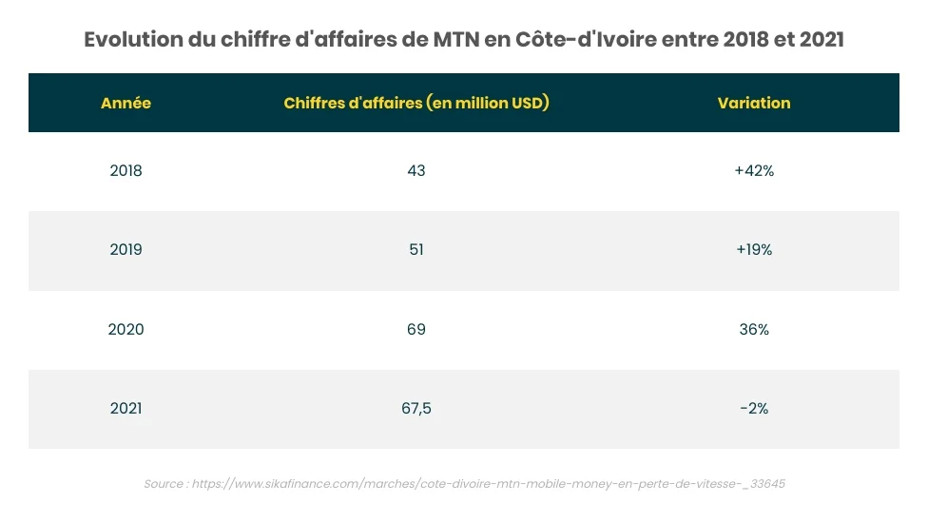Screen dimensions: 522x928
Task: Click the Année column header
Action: [x=126, y=103]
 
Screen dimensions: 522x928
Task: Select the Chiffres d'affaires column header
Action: [x=416, y=103]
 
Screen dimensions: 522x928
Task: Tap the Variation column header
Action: [x=753, y=103]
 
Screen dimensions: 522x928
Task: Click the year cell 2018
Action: [x=126, y=171]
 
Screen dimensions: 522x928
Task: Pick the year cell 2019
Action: [x=126, y=250]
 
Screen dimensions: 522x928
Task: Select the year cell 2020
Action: [x=126, y=329]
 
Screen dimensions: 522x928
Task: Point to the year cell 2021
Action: [x=126, y=408]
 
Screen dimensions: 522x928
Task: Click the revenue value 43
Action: [x=416, y=171]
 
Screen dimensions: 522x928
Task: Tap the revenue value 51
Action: [x=416, y=250]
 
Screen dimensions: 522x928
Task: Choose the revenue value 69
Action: [x=416, y=329]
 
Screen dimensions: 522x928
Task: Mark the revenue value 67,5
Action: [x=416, y=408]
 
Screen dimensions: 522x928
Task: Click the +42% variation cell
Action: [x=753, y=171]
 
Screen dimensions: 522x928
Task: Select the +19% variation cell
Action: [x=753, y=250]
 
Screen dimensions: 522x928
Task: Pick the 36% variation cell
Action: [x=753, y=329]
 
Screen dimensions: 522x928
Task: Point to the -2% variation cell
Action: [x=753, y=408]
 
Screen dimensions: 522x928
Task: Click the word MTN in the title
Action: [x=460, y=41]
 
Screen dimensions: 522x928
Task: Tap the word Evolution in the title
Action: [x=135, y=41]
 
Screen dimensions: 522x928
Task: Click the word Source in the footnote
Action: [x=164, y=484]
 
